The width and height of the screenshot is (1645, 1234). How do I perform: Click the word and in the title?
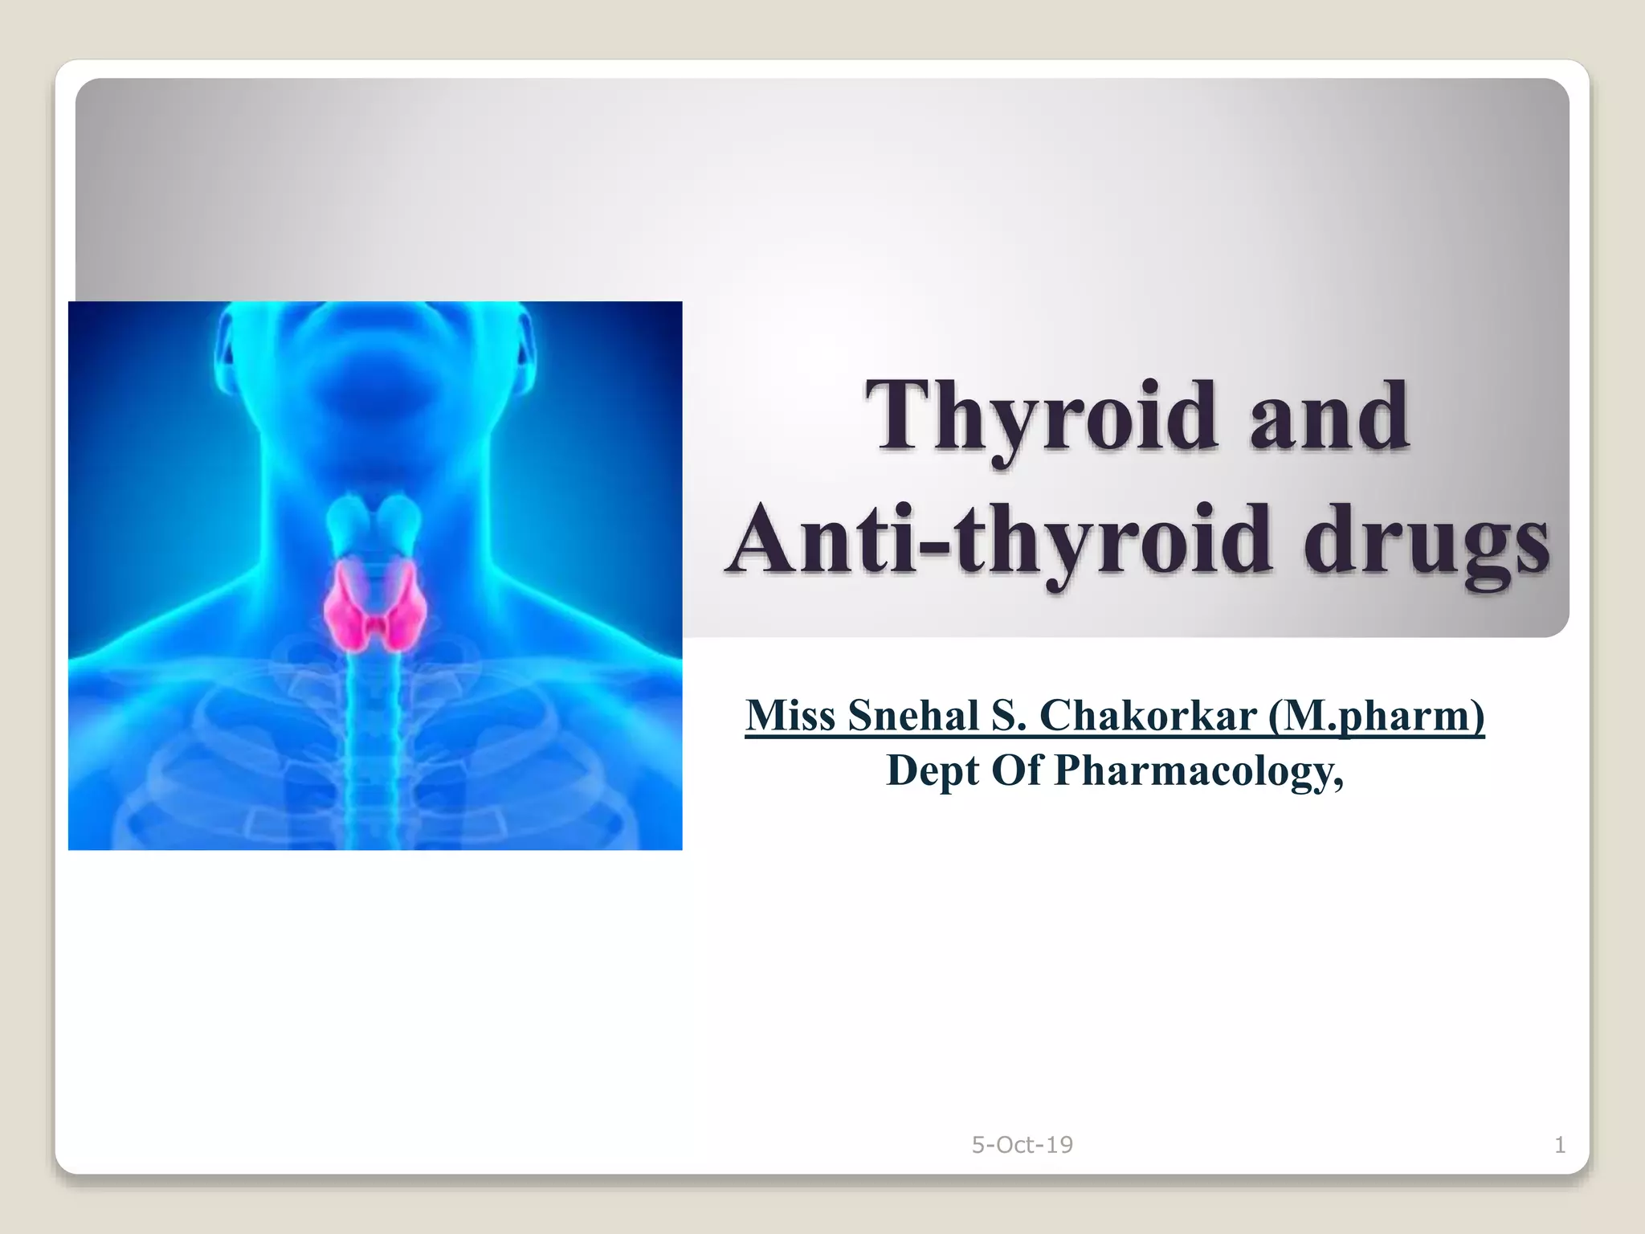[1330, 416]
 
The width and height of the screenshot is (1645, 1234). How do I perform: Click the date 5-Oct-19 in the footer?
[1022, 1145]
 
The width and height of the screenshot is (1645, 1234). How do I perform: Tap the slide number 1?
[1560, 1145]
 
